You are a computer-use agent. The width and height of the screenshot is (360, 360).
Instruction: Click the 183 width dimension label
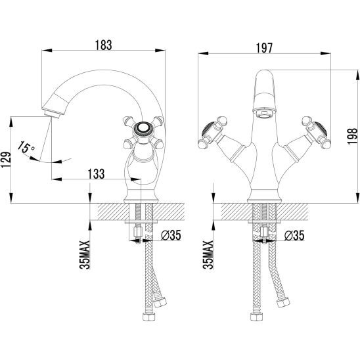(104, 45)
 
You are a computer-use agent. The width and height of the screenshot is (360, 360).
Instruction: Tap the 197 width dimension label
(264, 48)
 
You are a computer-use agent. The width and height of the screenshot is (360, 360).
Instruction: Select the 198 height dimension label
(352, 136)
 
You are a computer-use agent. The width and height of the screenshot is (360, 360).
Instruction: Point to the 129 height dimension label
(6, 160)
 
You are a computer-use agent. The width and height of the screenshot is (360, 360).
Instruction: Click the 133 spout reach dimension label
(96, 174)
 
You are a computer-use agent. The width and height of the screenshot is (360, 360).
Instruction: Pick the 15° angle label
(26, 147)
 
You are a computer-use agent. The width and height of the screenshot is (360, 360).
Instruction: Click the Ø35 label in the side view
(171, 235)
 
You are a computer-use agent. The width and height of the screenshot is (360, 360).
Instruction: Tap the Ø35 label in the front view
(294, 235)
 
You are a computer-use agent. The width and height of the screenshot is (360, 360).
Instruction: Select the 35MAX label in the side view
(85, 255)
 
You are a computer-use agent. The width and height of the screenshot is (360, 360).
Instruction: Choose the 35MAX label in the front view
(208, 255)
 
